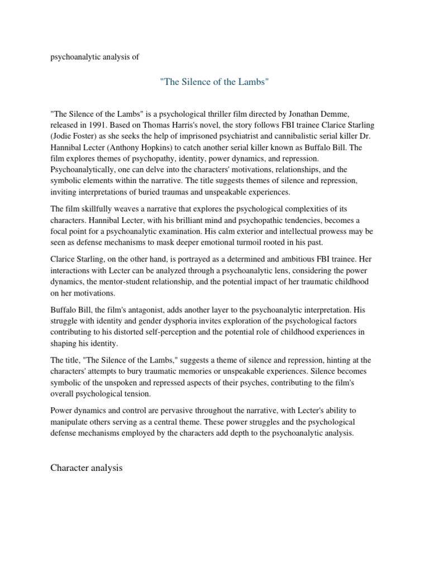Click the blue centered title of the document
point(214,83)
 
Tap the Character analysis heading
point(86,468)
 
